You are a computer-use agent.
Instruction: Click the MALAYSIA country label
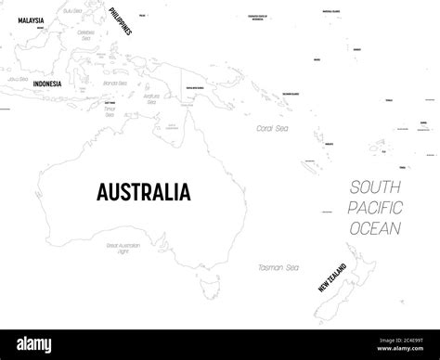[32, 18]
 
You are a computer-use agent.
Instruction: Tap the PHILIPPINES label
[118, 19]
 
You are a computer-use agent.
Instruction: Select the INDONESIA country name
[46, 84]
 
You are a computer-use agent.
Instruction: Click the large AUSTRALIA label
[144, 192]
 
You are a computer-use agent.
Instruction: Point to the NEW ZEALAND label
[331, 275]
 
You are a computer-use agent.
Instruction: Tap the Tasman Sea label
[278, 267]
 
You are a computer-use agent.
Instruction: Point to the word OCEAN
[375, 227]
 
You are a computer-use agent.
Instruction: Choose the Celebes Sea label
[89, 33]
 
